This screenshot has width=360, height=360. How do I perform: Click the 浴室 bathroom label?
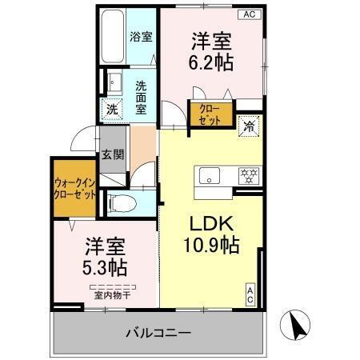(142, 37)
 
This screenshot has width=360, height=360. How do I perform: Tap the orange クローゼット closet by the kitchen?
(210, 113)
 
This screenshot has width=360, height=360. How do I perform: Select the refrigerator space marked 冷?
(249, 125)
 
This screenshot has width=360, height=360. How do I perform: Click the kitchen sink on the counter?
(210, 175)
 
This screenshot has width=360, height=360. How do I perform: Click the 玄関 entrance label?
(112, 156)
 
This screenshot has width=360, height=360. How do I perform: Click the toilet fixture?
(118, 203)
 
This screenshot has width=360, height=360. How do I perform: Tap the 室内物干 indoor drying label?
(111, 294)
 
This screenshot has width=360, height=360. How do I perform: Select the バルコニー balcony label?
(157, 332)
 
